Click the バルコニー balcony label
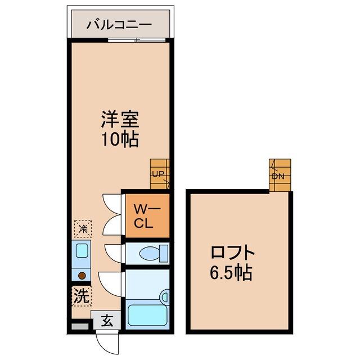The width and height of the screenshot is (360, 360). click(119, 24)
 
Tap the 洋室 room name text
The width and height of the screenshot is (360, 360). click(120, 119)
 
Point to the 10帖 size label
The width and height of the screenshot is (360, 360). click(120, 139)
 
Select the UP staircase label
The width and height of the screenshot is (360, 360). click(158, 174)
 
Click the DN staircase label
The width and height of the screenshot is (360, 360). click(278, 176)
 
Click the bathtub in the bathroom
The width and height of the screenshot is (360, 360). click(147, 315)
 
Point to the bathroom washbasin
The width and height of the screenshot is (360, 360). click(165, 297)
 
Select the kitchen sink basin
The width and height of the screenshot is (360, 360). click(82, 251)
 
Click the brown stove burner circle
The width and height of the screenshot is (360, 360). click(82, 276)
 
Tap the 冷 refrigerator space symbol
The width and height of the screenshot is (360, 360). click(83, 229)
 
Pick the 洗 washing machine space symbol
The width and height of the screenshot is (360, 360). click(82, 296)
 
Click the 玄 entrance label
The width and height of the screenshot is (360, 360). click(107, 321)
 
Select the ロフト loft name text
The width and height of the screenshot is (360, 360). click(232, 253)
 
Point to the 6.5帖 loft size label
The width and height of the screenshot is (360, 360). click(231, 272)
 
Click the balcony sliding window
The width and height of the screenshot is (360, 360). click(137, 40)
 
